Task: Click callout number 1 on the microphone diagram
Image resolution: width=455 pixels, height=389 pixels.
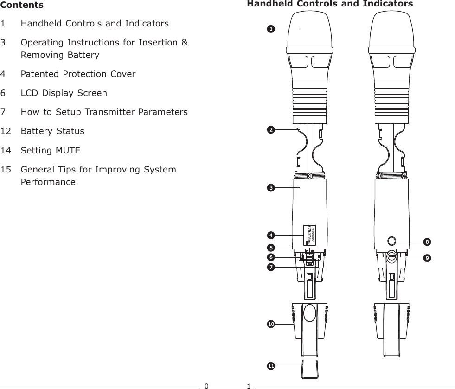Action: click(x=269, y=29)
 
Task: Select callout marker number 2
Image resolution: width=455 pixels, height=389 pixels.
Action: click(x=269, y=129)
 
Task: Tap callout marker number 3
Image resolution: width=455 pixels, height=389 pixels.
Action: click(x=269, y=188)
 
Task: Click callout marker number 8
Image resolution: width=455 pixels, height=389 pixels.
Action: click(x=427, y=242)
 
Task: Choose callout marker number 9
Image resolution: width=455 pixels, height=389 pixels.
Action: click(x=427, y=256)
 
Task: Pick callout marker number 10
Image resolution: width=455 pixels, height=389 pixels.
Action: click(x=270, y=324)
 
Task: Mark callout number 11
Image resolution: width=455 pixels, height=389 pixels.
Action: click(x=270, y=366)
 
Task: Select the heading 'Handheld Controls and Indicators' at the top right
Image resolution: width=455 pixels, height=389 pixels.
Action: click(x=330, y=4)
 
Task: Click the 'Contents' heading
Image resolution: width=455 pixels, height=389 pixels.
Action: click(x=22, y=5)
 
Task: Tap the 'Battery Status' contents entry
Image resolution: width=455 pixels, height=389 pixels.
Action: click(x=52, y=131)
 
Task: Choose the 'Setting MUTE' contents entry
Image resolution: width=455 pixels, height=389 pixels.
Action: click(x=50, y=151)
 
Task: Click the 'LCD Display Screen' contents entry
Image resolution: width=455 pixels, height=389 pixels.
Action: click(x=64, y=93)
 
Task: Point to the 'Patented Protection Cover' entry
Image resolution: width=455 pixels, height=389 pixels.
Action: click(x=78, y=74)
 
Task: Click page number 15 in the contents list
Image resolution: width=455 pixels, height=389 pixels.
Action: click(x=7, y=170)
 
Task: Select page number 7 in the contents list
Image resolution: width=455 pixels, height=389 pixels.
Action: click(x=4, y=112)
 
